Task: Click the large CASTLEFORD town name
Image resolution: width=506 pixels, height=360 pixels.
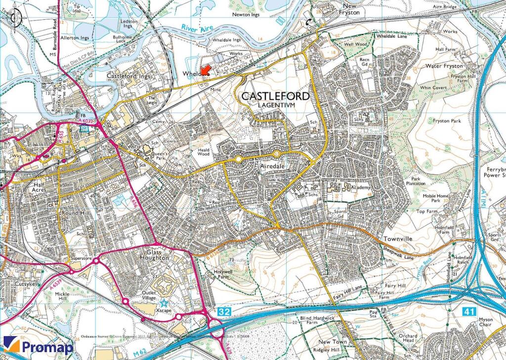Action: pos(275,96)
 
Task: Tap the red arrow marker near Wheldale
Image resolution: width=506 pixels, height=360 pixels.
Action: pos(206,70)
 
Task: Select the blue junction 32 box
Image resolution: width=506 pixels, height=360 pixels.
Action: pos(223,312)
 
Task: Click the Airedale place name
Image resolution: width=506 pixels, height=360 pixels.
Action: pos(273,167)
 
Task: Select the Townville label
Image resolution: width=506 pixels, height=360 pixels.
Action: pos(398,239)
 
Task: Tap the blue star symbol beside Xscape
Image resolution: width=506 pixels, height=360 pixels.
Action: pos(164,304)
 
